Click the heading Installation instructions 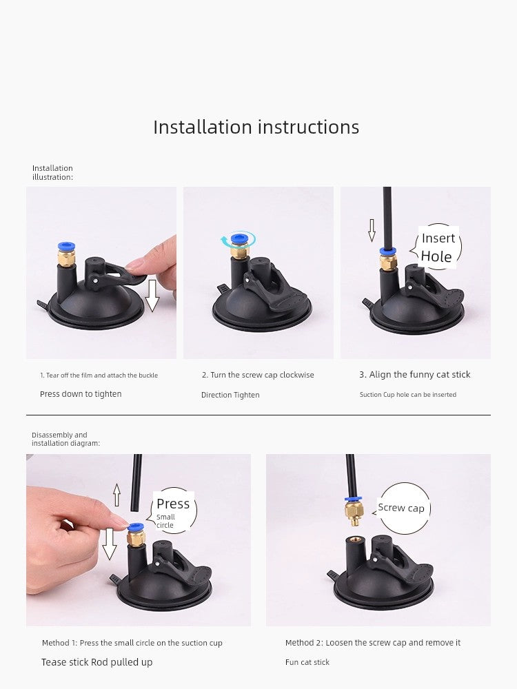click(x=256, y=127)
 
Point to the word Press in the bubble click(x=173, y=504)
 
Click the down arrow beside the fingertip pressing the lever click(x=152, y=296)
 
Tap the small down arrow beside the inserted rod click(x=372, y=230)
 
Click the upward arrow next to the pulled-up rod click(x=116, y=495)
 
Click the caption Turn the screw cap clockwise click(x=258, y=375)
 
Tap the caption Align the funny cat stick click(x=414, y=374)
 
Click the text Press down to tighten click(x=81, y=394)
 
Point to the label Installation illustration click(x=52, y=173)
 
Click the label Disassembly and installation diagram click(x=65, y=439)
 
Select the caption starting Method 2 click(x=373, y=642)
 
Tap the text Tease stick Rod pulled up click(x=97, y=662)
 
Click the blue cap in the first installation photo click(x=66, y=247)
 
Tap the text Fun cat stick click(x=307, y=662)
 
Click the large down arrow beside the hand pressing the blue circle click(x=109, y=544)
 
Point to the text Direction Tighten click(x=230, y=395)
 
